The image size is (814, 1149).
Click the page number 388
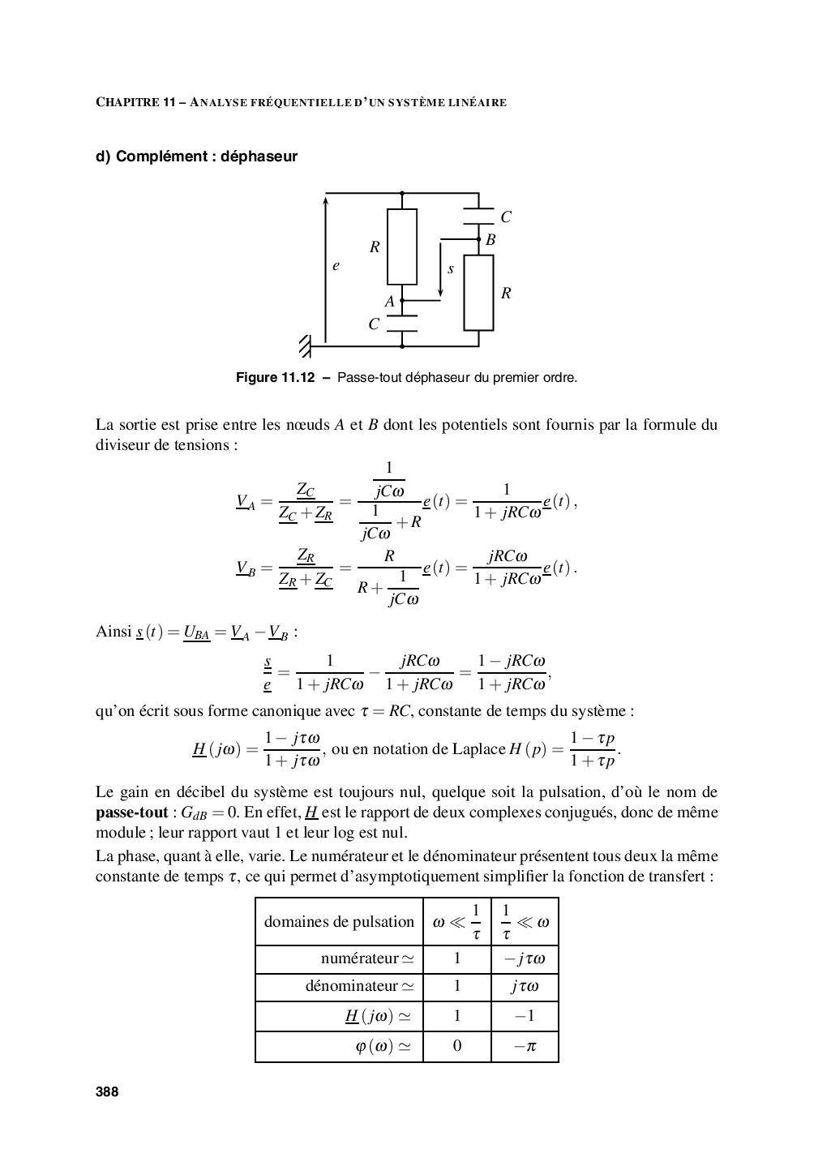coord(107,1092)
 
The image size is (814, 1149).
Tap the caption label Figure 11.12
coord(274,377)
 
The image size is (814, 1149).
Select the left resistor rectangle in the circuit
coord(402,247)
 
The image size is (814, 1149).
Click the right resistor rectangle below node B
coord(478,293)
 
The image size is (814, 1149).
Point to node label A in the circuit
coord(389,302)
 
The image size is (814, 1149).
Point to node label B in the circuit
coord(491,240)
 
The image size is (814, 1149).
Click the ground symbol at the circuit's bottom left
coord(306,346)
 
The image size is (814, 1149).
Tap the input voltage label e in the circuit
coord(336,265)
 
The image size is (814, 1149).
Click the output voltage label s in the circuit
coord(451,268)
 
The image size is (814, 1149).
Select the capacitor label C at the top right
coord(506,217)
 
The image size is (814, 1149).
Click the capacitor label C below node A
coord(374,324)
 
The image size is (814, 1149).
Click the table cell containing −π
coord(525,1046)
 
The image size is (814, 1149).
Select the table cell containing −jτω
coord(525,958)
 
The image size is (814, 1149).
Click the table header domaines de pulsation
coord(339,922)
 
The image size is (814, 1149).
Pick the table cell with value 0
coord(456,1046)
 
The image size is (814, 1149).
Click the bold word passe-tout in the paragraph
coord(131,812)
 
